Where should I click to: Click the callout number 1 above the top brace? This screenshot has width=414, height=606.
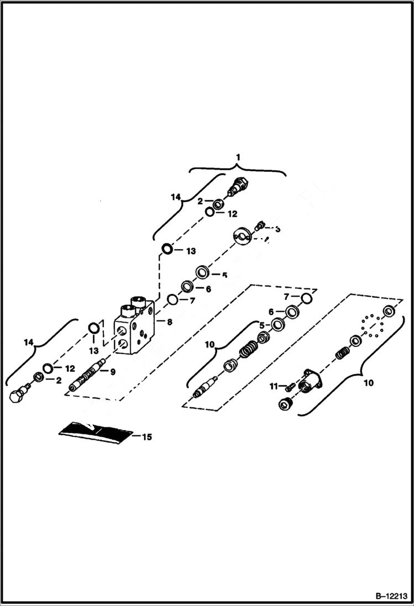coord(238,157)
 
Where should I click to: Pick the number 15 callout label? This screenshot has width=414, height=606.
coord(146,437)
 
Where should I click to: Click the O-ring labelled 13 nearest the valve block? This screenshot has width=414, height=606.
coord(95,329)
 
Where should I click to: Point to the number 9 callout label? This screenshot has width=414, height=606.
coord(112,372)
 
